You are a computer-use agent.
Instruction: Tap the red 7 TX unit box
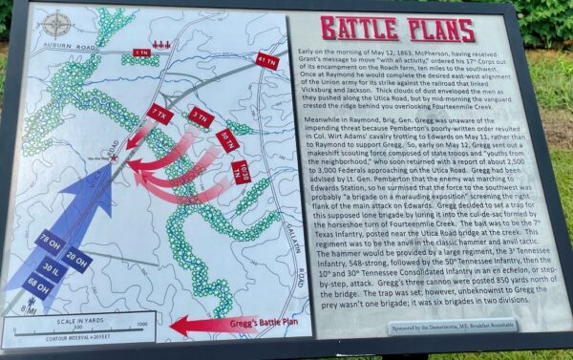point(158,112)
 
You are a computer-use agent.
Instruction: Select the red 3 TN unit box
point(200,117)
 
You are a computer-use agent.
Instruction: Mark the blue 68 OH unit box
point(39,284)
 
